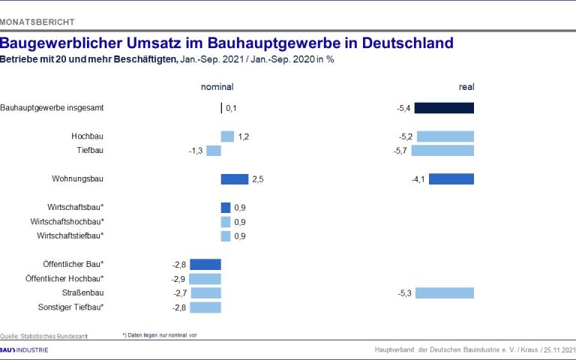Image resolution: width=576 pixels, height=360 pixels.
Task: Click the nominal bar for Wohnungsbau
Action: point(234,179)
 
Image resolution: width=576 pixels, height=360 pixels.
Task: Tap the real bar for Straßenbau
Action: point(445,292)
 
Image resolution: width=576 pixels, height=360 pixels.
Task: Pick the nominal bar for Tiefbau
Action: point(214,150)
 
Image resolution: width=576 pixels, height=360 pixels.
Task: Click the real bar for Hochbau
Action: point(445,136)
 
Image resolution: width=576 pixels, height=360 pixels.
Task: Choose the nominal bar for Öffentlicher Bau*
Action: point(205,264)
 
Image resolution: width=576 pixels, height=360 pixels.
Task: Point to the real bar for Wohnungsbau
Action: point(451,179)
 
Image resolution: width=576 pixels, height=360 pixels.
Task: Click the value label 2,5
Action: point(259,179)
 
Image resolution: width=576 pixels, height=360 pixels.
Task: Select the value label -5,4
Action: point(403,108)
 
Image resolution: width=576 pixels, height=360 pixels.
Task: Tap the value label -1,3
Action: point(196,150)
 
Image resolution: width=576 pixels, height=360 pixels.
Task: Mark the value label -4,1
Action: point(418,179)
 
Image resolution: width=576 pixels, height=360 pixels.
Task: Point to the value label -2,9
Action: point(179,278)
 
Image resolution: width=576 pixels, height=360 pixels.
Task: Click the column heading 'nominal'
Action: point(217,87)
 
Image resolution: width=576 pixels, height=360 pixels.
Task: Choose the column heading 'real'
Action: point(466,87)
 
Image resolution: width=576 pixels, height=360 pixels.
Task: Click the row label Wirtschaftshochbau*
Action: point(67,221)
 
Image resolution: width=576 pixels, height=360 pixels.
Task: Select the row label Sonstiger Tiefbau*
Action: point(70,307)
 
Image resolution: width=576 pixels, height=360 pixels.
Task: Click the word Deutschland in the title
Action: point(407,43)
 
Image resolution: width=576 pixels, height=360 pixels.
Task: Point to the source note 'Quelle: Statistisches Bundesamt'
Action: point(43,336)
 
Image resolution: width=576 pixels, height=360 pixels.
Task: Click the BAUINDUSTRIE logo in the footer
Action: point(25,350)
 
